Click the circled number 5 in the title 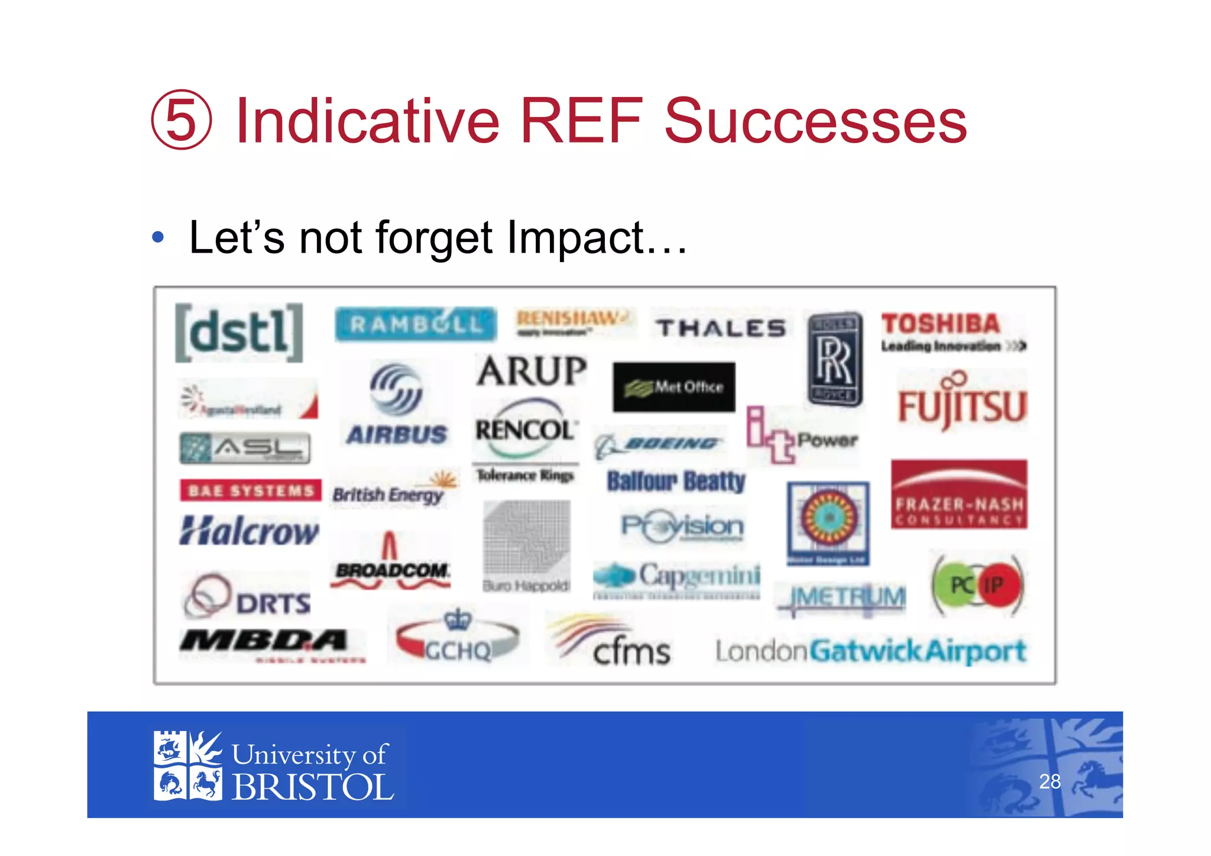(x=181, y=120)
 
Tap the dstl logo (x=239, y=332)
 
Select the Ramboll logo (x=416, y=324)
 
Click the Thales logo (x=720, y=328)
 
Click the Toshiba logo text (x=941, y=324)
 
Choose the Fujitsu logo (x=962, y=404)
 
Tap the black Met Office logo (x=674, y=387)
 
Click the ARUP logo (x=532, y=372)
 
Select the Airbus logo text (x=397, y=435)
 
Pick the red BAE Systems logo (x=251, y=490)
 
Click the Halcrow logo (x=249, y=531)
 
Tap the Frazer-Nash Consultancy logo (x=959, y=495)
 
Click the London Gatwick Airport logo (x=870, y=651)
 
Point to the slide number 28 (x=1050, y=781)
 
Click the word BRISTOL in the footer (x=313, y=787)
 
